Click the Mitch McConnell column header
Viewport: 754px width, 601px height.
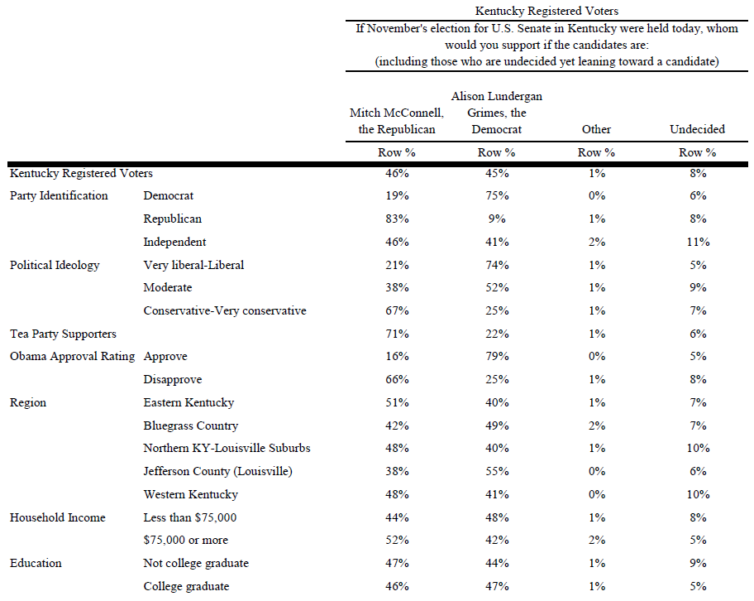(x=397, y=121)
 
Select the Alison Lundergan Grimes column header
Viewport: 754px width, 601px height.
(x=497, y=113)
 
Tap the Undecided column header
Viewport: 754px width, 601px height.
(x=697, y=129)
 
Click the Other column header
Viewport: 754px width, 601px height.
(x=596, y=129)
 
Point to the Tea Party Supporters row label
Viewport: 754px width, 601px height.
(x=63, y=334)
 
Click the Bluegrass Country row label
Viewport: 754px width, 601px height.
(x=191, y=426)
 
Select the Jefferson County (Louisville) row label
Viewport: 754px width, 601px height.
(x=217, y=471)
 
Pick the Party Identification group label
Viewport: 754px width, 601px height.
(x=59, y=195)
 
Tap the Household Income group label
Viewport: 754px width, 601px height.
(x=58, y=517)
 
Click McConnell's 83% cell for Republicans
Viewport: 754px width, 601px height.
(x=397, y=219)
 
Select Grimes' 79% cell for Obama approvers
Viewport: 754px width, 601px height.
(x=497, y=356)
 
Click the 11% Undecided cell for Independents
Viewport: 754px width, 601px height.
(x=698, y=242)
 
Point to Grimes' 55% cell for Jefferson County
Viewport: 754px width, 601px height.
(x=497, y=471)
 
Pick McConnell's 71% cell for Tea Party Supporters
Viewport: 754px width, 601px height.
(x=397, y=334)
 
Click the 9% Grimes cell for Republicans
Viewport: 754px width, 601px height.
(x=497, y=219)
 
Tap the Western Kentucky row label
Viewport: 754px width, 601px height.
(x=190, y=494)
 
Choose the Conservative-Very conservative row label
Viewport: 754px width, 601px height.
(x=225, y=310)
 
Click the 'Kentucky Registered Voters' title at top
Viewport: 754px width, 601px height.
(x=546, y=11)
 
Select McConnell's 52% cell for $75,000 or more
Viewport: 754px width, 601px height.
(x=397, y=541)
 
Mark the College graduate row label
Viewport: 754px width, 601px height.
(x=186, y=587)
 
